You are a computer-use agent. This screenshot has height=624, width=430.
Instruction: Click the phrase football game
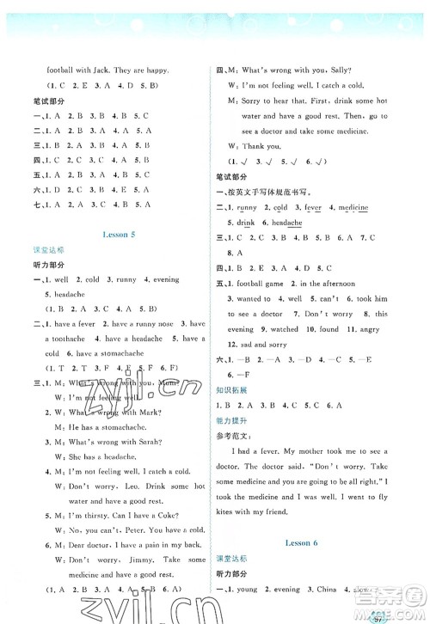pyautogui.click(x=258, y=284)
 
